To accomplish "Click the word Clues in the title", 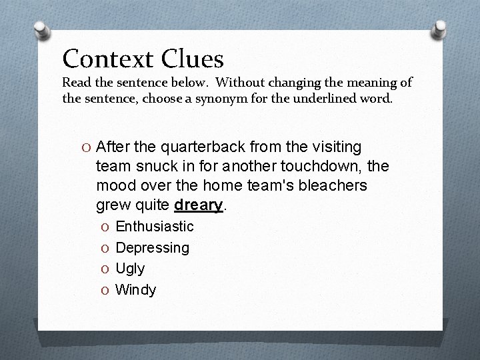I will (x=193, y=59).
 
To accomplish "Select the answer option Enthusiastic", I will (x=155, y=227).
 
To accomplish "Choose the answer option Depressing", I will (x=153, y=248).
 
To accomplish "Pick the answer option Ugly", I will (x=130, y=269).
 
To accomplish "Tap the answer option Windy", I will (x=136, y=290).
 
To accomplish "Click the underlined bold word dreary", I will (x=198, y=205).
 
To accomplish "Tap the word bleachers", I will (x=331, y=185).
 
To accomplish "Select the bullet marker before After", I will (x=88, y=147).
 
